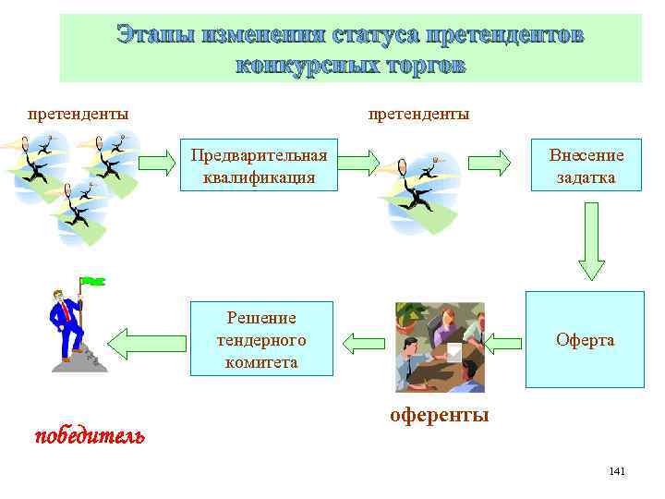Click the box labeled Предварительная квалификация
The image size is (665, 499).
pos(260,165)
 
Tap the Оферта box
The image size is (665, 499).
pos(585,339)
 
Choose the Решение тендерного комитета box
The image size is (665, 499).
pos(261,339)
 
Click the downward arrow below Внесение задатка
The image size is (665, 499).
pos(591,242)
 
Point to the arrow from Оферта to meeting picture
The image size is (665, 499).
pos(504,344)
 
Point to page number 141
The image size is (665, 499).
pos(617,472)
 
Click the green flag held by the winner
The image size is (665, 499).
pos(92,280)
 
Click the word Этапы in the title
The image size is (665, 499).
pos(152,35)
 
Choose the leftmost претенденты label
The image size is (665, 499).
pos(78,114)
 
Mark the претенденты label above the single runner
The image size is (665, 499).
pos(418,114)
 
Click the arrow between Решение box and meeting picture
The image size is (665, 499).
pos(363,343)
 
